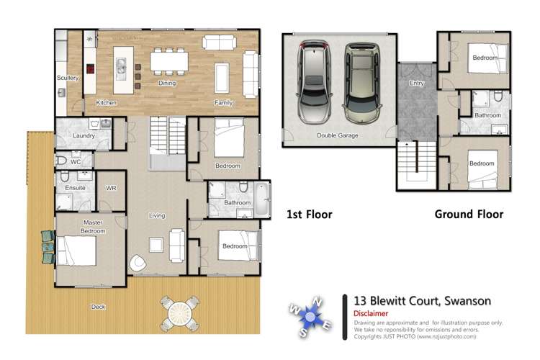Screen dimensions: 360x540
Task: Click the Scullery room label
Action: point(67,78)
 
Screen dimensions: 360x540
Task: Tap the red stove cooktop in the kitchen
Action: point(91,69)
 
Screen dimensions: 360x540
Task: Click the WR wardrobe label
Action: point(110,188)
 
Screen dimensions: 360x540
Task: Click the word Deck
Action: point(99,307)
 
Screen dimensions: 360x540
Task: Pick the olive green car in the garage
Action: point(361,81)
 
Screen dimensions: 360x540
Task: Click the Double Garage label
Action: point(337,135)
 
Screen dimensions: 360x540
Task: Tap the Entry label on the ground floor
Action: point(417,84)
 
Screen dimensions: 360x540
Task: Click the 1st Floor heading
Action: point(310,214)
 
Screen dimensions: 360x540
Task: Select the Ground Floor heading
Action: point(469,214)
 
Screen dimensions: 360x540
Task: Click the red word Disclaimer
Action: point(371,314)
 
